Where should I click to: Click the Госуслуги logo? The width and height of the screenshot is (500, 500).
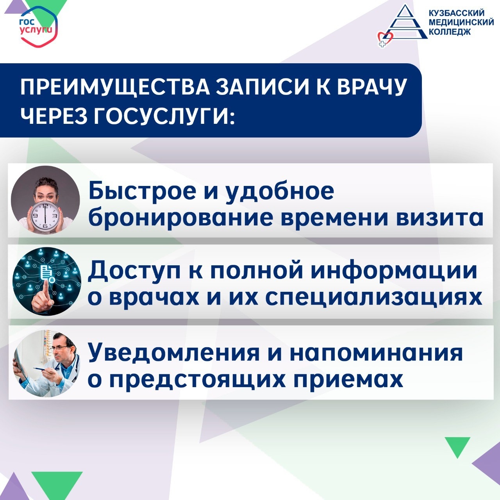[x=38, y=27]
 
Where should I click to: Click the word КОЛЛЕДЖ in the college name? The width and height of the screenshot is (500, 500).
[x=450, y=32]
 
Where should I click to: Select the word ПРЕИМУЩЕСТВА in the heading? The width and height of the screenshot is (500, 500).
[x=115, y=87]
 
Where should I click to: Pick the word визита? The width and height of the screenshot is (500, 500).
[x=439, y=218]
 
